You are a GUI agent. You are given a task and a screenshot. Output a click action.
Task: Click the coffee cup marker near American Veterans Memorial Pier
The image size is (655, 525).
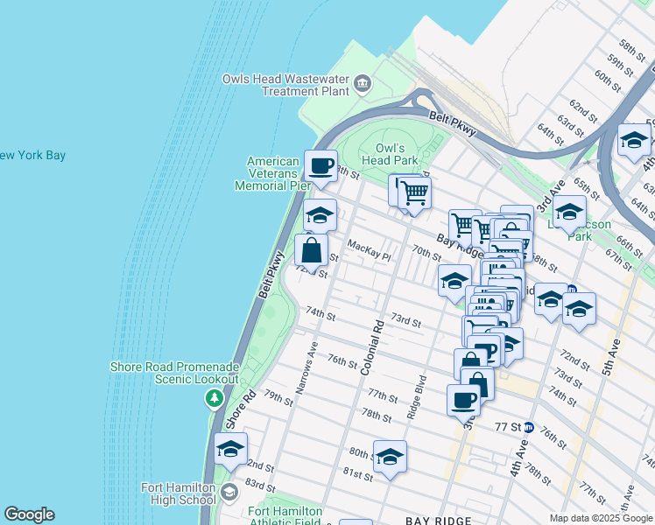click(x=320, y=165)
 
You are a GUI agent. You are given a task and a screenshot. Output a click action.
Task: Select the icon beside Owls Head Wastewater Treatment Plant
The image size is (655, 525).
click(x=363, y=85)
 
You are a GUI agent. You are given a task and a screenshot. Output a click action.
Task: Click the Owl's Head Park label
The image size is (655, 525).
click(x=390, y=155)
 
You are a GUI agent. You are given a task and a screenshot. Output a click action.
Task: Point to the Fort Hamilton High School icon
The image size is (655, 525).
click(x=229, y=491)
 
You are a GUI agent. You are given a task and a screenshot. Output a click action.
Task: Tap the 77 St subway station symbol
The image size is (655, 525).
click(x=529, y=427)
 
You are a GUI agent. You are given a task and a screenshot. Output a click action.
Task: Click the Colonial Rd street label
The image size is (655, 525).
click(x=372, y=348)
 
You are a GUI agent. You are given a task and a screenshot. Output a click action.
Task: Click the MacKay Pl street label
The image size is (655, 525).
click(x=368, y=250)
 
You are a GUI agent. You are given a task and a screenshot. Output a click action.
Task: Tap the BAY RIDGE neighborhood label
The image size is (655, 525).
click(x=439, y=521)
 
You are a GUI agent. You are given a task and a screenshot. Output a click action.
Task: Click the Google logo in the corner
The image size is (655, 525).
click(x=29, y=514)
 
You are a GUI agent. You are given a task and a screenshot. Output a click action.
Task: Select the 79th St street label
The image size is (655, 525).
click(x=278, y=399)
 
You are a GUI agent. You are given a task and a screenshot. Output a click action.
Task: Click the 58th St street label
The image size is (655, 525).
click(x=630, y=45)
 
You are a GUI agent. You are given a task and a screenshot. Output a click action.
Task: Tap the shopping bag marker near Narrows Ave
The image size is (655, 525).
click(x=312, y=252)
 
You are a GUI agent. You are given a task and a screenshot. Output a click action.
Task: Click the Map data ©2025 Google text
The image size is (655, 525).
click(x=601, y=518)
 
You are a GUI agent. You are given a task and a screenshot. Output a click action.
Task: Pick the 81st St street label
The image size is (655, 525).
click(x=357, y=474)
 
